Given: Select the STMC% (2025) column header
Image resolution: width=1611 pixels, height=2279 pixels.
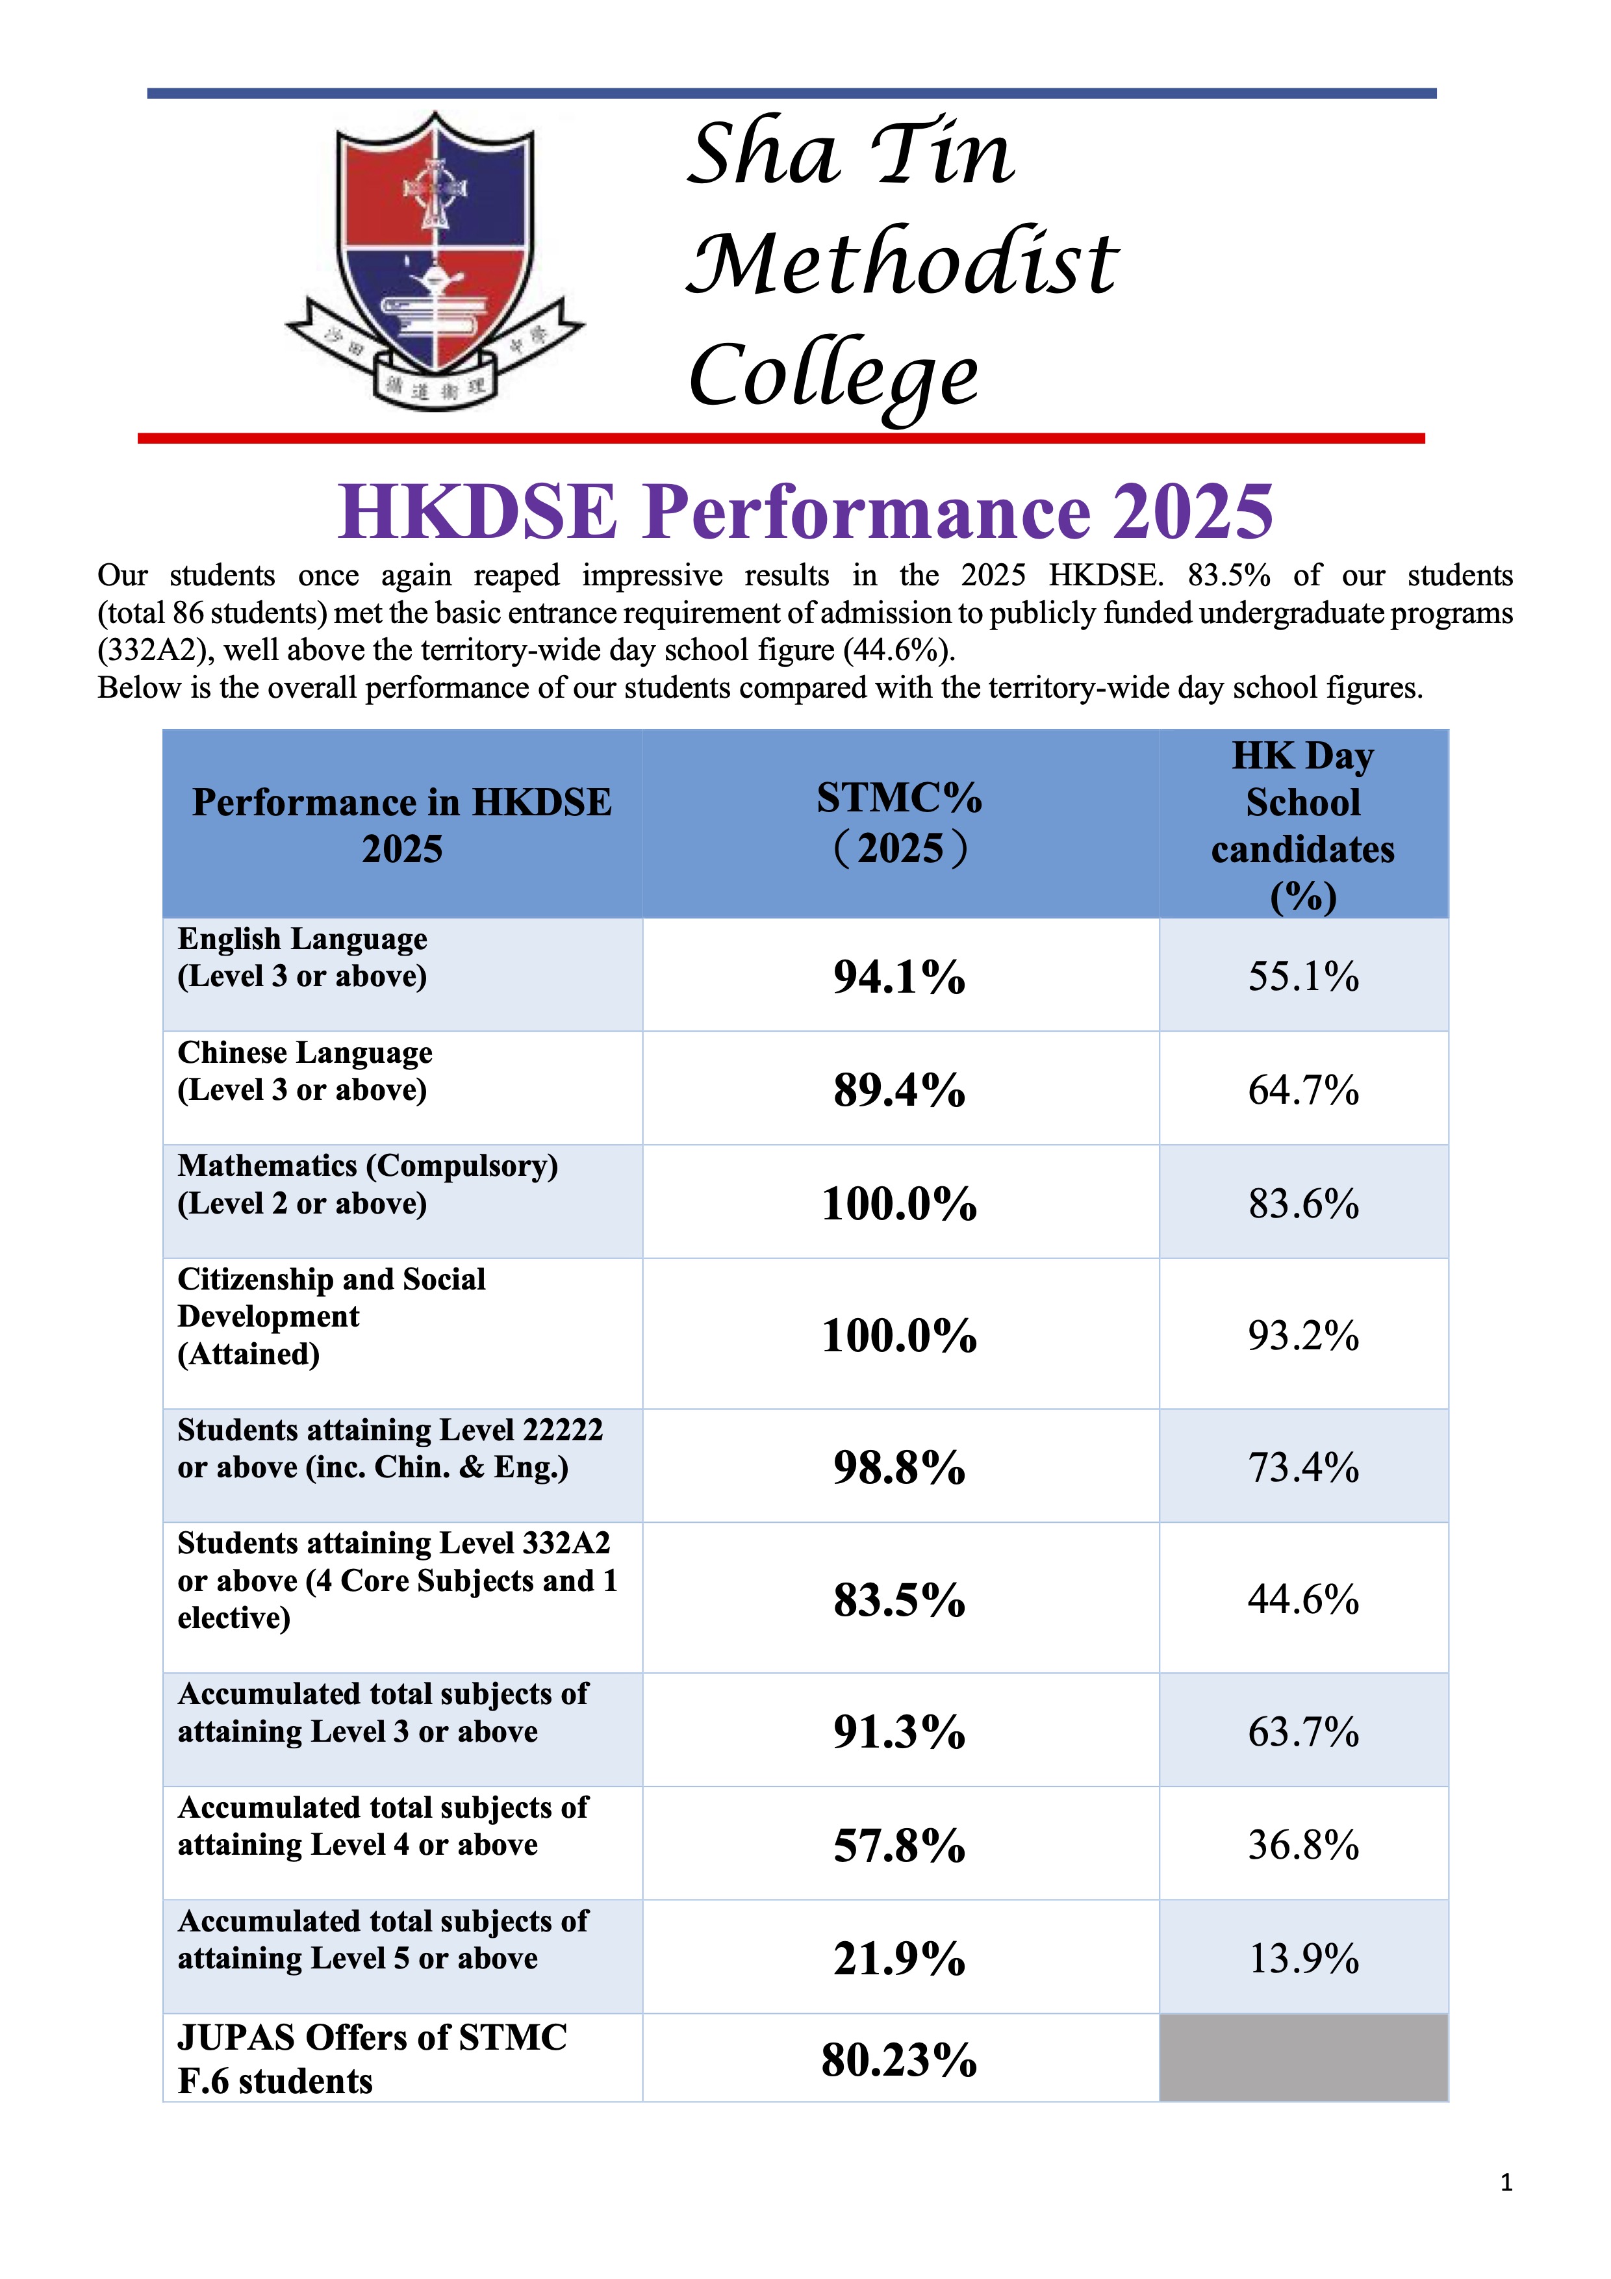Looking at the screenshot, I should [899, 823].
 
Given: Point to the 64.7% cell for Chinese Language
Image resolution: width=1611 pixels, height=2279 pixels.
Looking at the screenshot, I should [1302, 1090].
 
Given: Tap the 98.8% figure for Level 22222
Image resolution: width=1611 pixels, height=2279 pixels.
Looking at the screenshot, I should [899, 1467].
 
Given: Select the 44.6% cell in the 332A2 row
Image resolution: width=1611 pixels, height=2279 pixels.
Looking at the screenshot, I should [1302, 1599].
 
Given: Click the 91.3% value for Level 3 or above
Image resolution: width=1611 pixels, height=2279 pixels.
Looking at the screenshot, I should [899, 1731].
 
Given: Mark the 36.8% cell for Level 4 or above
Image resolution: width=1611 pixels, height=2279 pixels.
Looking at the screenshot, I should [1302, 1844].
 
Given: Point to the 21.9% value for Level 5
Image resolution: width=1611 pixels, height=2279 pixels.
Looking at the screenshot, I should [899, 1958].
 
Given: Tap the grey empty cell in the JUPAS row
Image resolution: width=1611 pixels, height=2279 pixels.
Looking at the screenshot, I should [1302, 2057].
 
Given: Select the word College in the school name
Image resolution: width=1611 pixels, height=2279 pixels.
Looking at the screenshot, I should [834, 377].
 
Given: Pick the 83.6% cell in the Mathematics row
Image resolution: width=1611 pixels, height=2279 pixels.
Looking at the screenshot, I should [1302, 1204].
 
